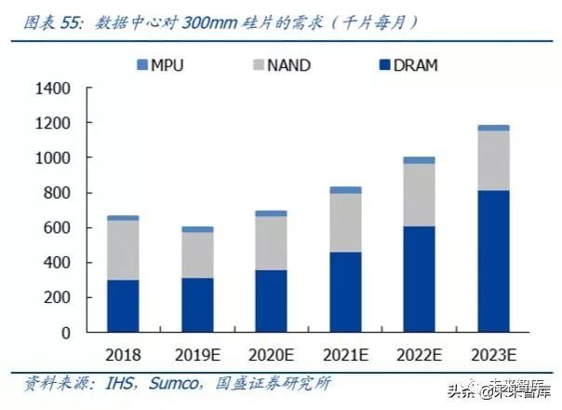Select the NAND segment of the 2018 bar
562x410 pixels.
click(x=122, y=250)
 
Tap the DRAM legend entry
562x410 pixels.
click(x=400, y=65)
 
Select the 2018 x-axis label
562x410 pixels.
click(x=122, y=355)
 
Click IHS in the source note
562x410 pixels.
click(x=116, y=384)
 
